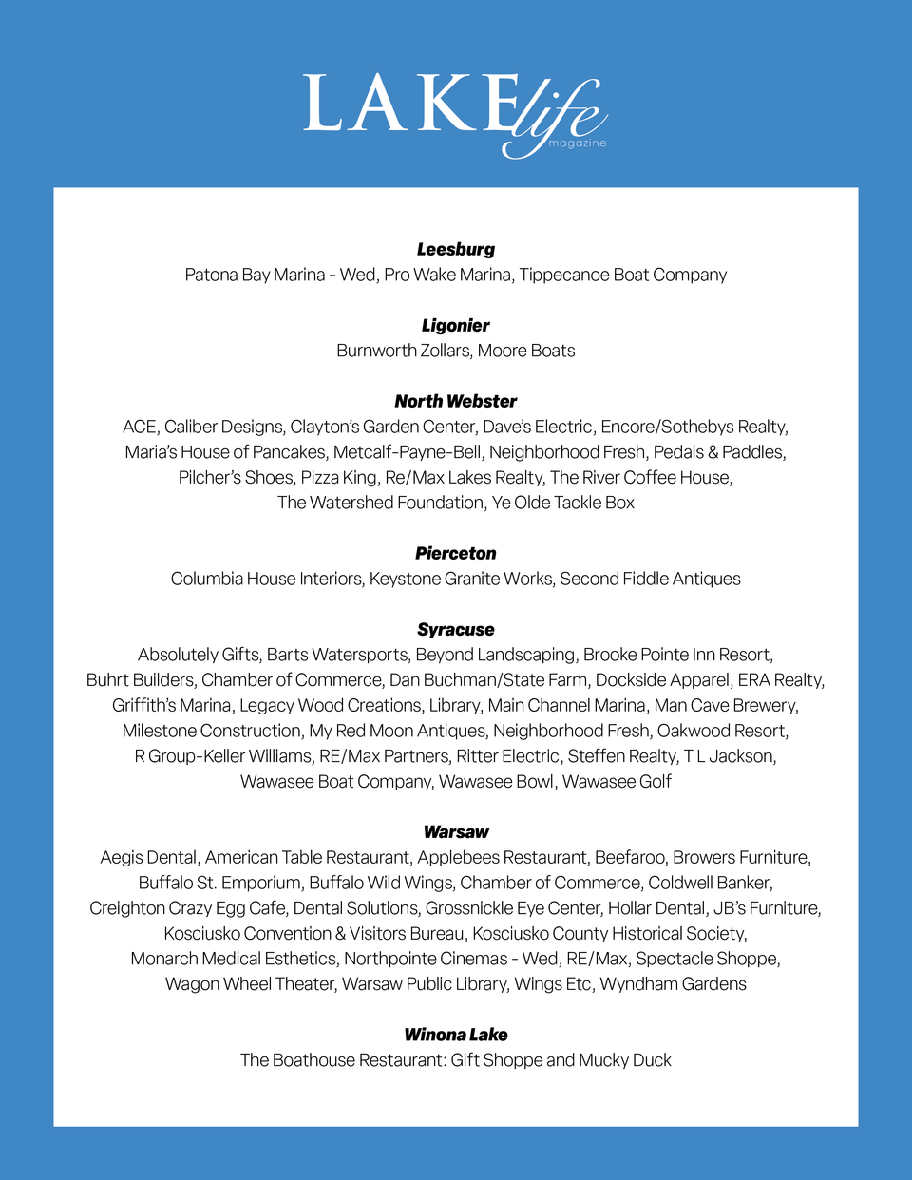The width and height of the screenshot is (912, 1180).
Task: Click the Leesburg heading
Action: tap(456, 250)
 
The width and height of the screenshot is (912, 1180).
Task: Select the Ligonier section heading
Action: tap(456, 326)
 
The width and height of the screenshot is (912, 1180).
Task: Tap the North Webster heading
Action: tap(456, 402)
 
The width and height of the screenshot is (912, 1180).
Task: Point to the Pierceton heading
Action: tap(456, 554)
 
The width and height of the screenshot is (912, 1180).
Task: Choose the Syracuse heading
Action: tap(456, 630)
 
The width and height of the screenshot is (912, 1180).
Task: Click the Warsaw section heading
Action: tap(456, 832)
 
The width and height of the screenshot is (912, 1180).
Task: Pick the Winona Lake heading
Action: tap(456, 1035)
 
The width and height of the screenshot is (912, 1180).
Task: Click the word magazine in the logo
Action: tap(577, 143)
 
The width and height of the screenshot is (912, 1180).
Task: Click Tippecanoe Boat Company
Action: tap(622, 276)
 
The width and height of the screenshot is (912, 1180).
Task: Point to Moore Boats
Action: tap(526, 352)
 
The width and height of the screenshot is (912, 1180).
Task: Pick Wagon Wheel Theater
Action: tap(250, 984)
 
